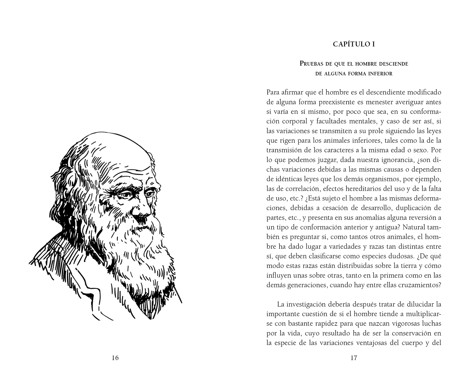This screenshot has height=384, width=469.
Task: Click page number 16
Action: (x=115, y=358)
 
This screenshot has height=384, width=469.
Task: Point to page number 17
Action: (x=354, y=358)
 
